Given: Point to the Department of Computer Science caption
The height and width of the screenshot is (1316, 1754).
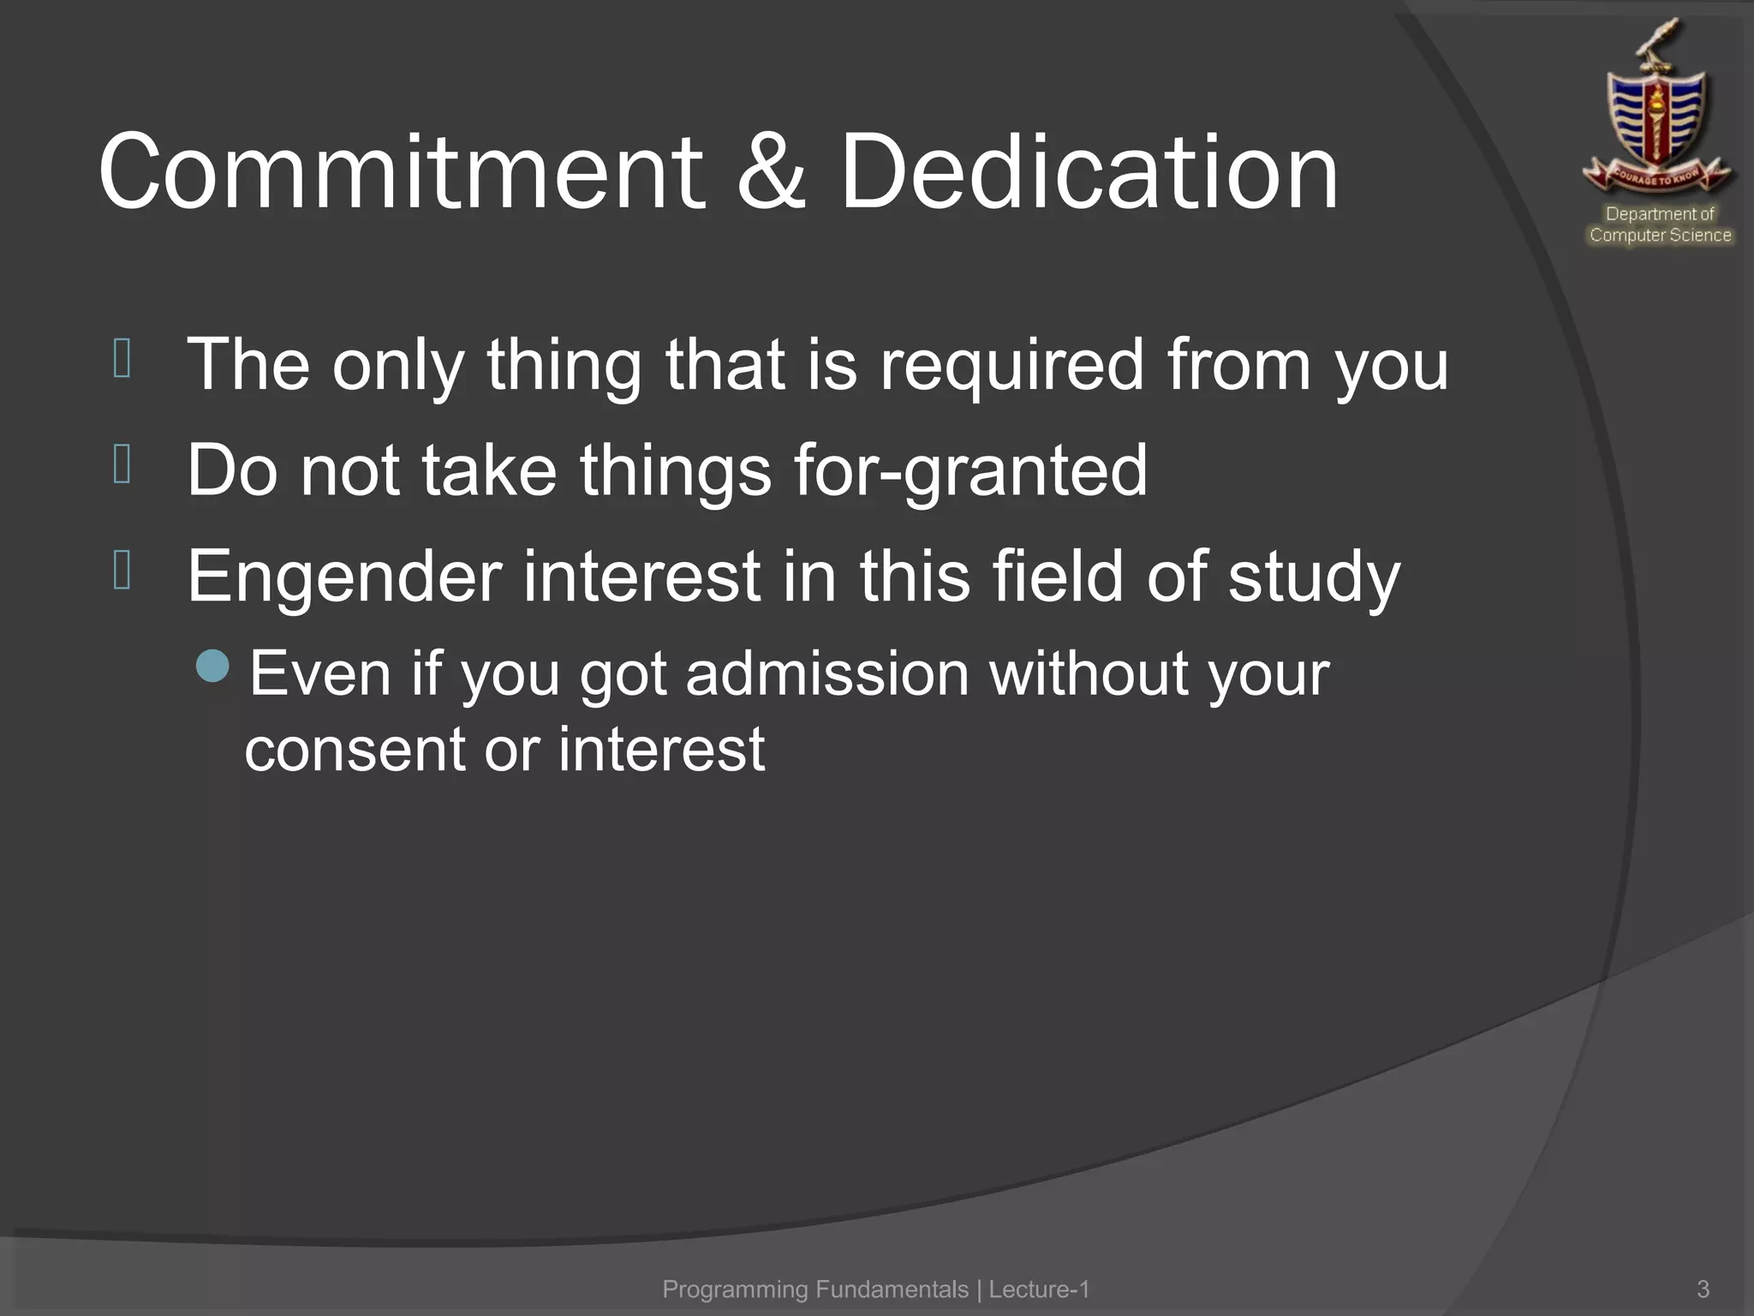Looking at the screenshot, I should pos(1660,224).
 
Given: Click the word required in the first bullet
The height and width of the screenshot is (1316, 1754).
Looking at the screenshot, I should pos(1011,364).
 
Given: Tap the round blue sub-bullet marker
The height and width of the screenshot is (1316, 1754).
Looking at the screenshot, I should pos(212,666).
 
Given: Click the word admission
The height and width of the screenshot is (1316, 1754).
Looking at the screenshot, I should pos(826,673).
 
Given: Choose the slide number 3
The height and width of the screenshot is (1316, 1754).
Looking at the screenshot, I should pos(1703,1289).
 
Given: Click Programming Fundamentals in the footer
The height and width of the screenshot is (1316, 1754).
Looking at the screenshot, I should pos(814,1289).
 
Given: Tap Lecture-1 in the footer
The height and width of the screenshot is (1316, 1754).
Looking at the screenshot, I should pos(1039,1289).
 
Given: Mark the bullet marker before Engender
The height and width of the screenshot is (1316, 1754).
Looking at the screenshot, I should pos(122,570).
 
